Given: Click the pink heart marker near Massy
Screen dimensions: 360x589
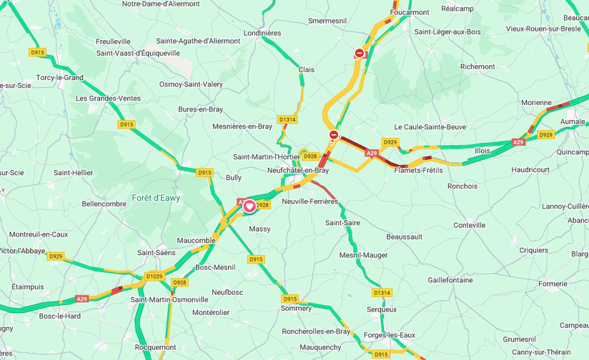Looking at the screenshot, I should point(249,206).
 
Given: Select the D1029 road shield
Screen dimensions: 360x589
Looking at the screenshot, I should point(154,276).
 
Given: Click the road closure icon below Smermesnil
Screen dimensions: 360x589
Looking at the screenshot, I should point(360,53).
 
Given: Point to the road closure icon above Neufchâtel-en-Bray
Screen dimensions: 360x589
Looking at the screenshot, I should point(333,134).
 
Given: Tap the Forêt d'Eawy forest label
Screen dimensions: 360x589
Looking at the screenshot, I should point(156,198).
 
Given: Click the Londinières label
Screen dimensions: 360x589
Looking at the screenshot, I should point(262,33).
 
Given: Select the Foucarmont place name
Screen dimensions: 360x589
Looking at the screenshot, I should point(411,12).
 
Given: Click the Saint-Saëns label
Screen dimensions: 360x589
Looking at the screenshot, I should point(157,253).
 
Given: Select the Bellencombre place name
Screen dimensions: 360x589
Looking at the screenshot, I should point(104,204).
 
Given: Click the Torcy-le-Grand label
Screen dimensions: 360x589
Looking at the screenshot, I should point(60,77).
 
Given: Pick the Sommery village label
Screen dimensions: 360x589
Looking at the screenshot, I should point(296,309).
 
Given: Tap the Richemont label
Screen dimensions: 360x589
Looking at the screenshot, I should point(477,66).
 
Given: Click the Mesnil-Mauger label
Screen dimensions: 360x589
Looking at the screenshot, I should point(364,255).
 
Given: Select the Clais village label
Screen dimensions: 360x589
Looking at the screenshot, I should point(306,69).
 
